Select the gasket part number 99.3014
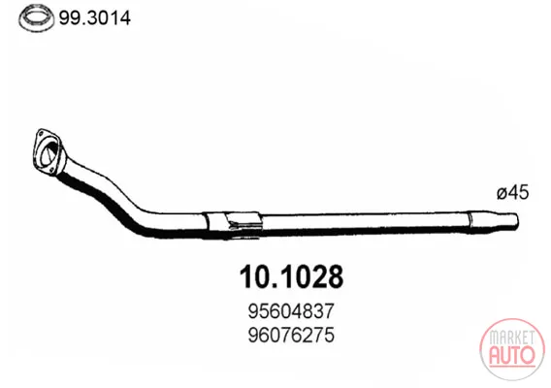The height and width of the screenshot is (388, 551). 95,17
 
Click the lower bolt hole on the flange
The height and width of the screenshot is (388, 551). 51,171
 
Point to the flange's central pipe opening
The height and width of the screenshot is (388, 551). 49,153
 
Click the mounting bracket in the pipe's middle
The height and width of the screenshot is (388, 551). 234,224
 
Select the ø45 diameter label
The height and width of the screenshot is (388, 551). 513,193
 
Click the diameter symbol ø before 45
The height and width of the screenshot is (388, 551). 502,194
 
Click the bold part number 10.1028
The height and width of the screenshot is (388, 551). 291,276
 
